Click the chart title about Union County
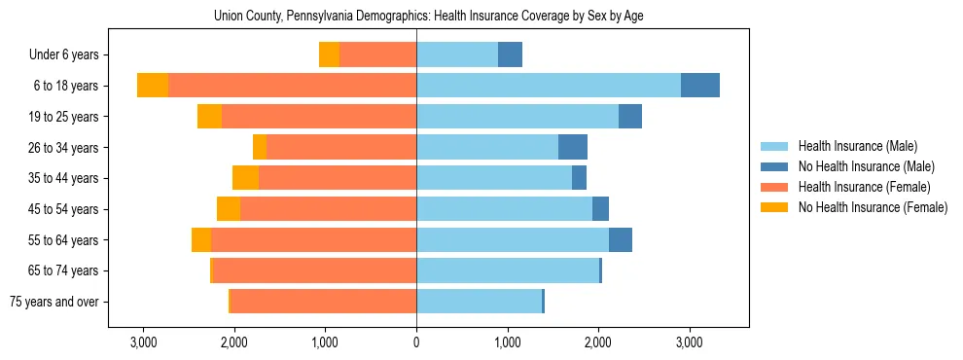pyautogui.click(x=428, y=16)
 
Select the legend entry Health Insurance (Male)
pyautogui.click(x=857, y=146)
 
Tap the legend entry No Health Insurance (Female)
pyautogui.click(x=872, y=207)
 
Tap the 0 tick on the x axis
pyautogui.click(x=416, y=342)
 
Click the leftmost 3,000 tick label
pyautogui.click(x=143, y=342)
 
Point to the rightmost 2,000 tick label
pyautogui.click(x=597, y=342)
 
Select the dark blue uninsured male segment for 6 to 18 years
pyautogui.click(x=700, y=86)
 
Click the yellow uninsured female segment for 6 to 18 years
pyautogui.click(x=153, y=86)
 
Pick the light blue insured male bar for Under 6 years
pyautogui.click(x=457, y=54)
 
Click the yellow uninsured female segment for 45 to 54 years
pyautogui.click(x=229, y=209)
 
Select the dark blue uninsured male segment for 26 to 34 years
pyautogui.click(x=573, y=147)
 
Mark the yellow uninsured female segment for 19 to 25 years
pyautogui.click(x=209, y=117)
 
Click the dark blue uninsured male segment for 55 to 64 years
pyautogui.click(x=621, y=239)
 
